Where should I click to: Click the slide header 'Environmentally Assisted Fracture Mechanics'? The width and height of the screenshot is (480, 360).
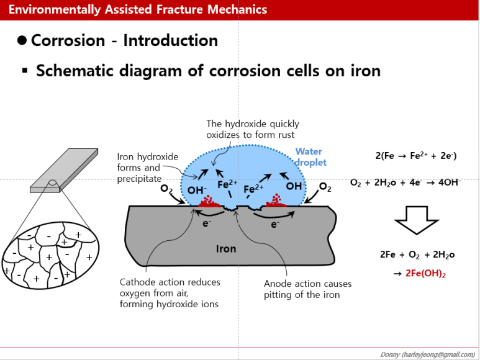(138, 10)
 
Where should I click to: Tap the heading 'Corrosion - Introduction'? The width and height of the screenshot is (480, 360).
(124, 41)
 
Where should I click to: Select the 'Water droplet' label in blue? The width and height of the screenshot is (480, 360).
(310, 157)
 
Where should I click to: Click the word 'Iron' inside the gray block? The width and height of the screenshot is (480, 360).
(226, 249)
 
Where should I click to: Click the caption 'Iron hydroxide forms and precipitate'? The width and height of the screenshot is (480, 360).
(148, 168)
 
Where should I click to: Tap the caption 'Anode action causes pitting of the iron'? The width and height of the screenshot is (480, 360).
(307, 289)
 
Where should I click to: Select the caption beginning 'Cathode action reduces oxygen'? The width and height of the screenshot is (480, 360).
(170, 293)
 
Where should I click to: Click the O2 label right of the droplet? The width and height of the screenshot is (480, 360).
(326, 186)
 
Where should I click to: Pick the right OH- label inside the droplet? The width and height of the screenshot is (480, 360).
(295, 186)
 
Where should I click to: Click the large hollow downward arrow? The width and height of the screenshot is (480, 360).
(417, 220)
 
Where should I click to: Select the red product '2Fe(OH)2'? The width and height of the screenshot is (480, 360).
(426, 273)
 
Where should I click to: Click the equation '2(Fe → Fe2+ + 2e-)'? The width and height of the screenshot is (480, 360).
(416, 156)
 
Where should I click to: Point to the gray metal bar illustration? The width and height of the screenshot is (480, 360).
(63, 168)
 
